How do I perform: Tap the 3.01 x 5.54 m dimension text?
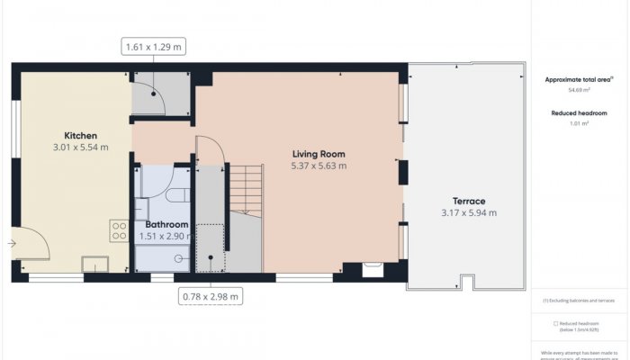[x=80, y=147]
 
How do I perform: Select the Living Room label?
[x=319, y=154]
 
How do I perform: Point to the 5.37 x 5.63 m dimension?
[x=319, y=166]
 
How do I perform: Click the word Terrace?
[x=469, y=201]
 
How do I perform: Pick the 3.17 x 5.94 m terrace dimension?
[x=469, y=213]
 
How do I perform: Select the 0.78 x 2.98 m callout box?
[x=210, y=296]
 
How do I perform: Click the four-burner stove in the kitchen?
[x=119, y=229]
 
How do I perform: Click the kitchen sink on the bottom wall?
[x=94, y=264]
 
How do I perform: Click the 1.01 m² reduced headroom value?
[x=579, y=123]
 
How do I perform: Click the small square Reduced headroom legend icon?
[x=555, y=324]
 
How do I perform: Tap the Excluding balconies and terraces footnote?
[x=579, y=300]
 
